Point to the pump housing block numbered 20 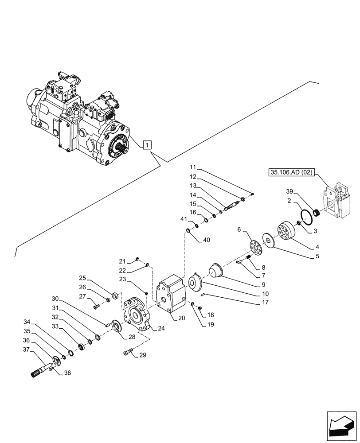click(x=171, y=294)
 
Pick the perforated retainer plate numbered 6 click(x=256, y=247)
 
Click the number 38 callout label click(x=67, y=373)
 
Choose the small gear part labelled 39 click(x=317, y=214)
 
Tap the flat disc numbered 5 click(x=268, y=240)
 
